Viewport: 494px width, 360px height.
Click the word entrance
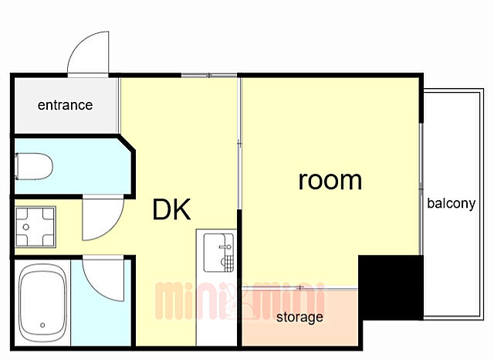click(x=65, y=105)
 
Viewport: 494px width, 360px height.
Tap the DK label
click(x=171, y=209)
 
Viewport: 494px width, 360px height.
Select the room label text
click(x=330, y=180)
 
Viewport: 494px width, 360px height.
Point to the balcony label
click(x=451, y=204)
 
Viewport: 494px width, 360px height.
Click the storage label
click(x=299, y=317)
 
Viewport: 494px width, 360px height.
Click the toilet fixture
click(x=34, y=166)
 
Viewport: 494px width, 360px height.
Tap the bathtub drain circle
click(x=42, y=325)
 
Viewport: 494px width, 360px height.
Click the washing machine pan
click(x=36, y=226)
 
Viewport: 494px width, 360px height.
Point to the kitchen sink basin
click(x=218, y=253)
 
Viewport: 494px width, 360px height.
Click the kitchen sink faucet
click(x=226, y=247)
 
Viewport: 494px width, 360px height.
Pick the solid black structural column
click(x=391, y=287)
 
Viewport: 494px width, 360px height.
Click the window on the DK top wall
click(x=209, y=75)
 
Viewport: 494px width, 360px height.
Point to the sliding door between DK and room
click(x=239, y=144)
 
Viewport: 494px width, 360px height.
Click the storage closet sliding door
click(x=300, y=287)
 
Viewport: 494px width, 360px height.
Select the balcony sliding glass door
click(x=421, y=188)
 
